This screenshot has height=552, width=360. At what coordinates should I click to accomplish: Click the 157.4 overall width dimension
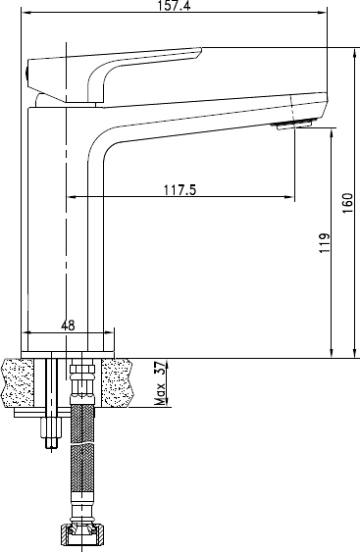coord(174,6)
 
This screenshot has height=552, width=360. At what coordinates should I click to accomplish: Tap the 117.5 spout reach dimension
coord(180,190)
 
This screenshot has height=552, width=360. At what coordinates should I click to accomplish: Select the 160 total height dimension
coord(347,203)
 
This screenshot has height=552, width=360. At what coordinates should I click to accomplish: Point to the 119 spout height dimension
coord(325,242)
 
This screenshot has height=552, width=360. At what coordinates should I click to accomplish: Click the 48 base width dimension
coord(68,326)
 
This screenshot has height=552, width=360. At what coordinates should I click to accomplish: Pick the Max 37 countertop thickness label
coord(160,383)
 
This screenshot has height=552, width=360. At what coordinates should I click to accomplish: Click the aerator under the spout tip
coord(294,125)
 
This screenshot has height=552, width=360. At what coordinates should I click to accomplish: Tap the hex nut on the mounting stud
coord(51,427)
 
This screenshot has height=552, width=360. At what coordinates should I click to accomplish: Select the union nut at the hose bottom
coord(82,534)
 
